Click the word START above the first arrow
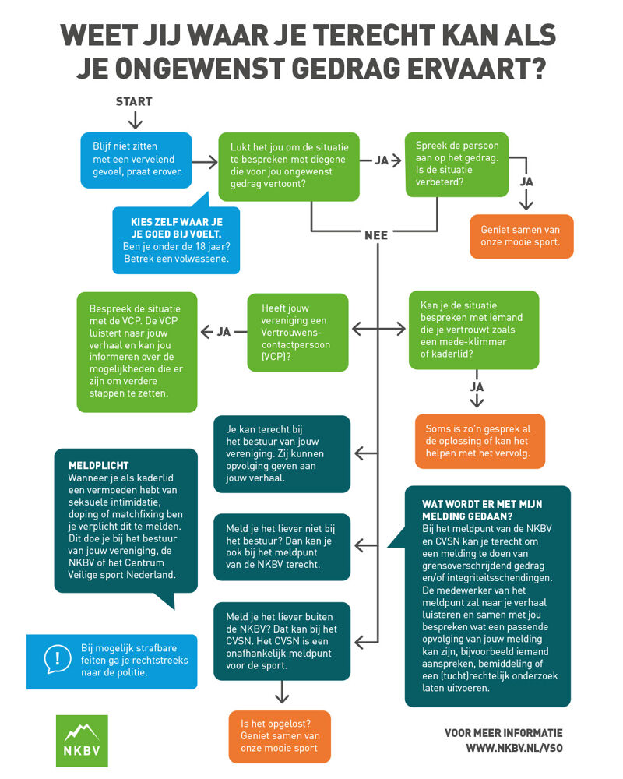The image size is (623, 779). (x=134, y=101)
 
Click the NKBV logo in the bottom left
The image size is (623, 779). (x=82, y=740)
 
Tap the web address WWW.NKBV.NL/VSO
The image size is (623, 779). (x=513, y=748)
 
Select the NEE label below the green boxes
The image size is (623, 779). (x=376, y=234)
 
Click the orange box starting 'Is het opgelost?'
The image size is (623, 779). (x=280, y=736)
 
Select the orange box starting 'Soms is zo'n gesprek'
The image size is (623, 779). (x=479, y=441)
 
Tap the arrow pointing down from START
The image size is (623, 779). (x=135, y=119)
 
